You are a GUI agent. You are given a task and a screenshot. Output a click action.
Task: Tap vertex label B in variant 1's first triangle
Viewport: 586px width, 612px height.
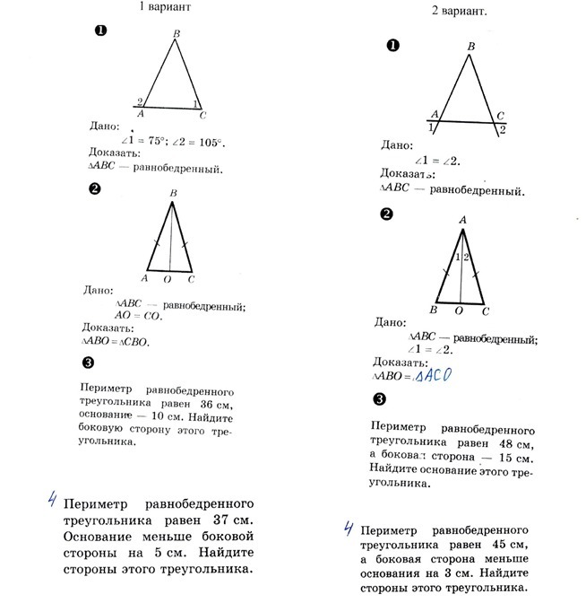coord(177,34)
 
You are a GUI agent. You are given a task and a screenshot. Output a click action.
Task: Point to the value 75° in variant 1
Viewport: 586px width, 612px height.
coord(159,142)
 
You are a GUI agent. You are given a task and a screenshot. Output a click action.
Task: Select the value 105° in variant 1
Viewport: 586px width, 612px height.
coord(208,142)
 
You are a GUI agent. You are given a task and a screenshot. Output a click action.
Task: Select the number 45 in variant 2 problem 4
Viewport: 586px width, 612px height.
coord(494,544)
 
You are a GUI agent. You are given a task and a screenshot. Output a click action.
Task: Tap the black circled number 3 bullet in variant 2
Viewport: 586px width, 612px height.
coord(380,399)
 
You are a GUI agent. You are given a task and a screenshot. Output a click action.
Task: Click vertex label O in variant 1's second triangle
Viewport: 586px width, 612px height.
coord(170,279)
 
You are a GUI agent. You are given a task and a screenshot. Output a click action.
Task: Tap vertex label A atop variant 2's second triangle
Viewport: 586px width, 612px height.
coord(462,219)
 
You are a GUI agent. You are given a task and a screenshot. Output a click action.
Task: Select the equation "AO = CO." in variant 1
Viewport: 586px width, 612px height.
coord(137,315)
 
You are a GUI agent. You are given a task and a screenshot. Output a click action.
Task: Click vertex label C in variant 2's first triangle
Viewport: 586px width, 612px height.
coord(500,115)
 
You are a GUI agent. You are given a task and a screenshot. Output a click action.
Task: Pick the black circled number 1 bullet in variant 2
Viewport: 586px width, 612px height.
coord(390,46)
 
